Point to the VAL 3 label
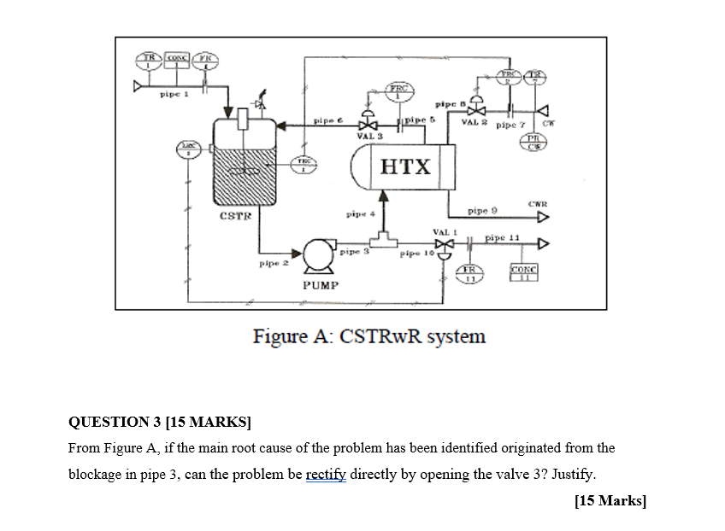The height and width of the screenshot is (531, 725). [x=369, y=137]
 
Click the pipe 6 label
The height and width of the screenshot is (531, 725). [x=329, y=121]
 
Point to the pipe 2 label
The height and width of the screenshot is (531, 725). [x=272, y=265]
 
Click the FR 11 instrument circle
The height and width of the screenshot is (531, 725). [x=469, y=273]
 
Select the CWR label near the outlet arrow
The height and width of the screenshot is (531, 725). [x=538, y=203]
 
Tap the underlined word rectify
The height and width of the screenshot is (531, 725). [x=326, y=474]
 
